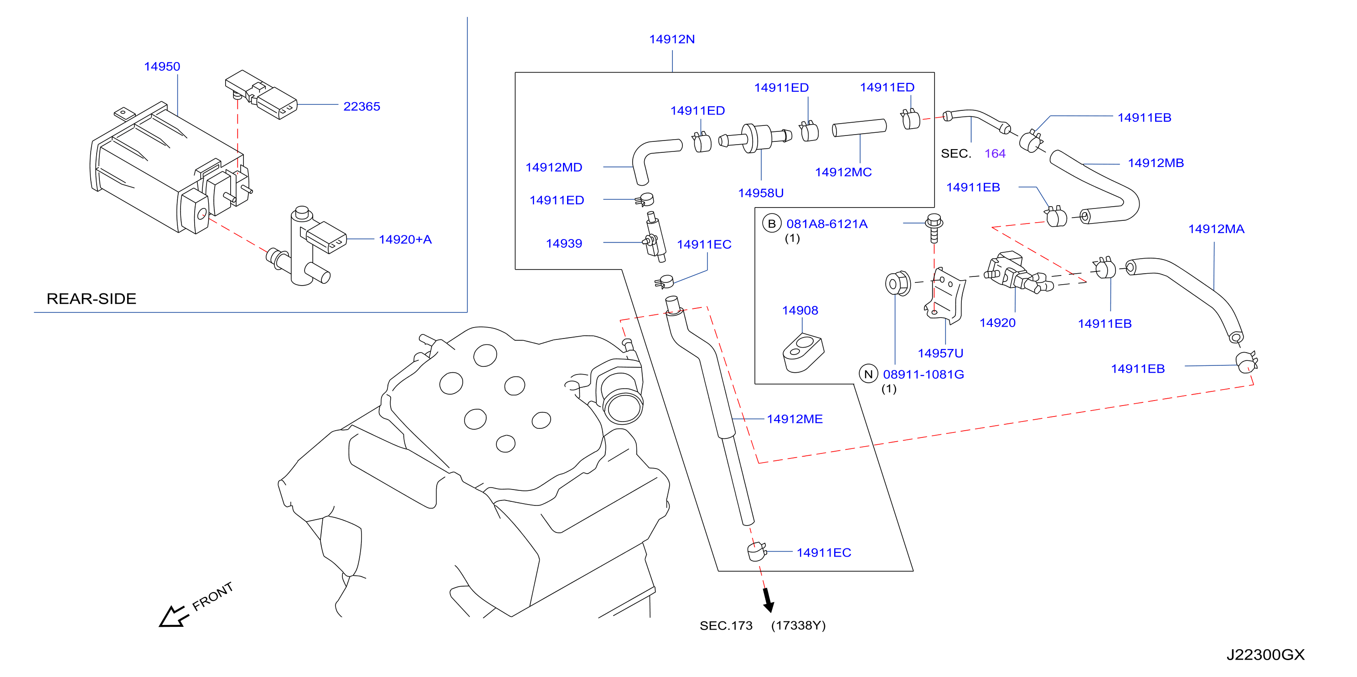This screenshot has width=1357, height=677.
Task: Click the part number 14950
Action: (x=162, y=67)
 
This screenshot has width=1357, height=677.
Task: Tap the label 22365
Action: (x=361, y=106)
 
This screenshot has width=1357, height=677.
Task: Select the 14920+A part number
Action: (x=405, y=240)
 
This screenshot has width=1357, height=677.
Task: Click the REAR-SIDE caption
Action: (x=91, y=299)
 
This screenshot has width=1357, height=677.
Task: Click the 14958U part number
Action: (x=761, y=193)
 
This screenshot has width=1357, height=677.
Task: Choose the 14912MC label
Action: (x=843, y=172)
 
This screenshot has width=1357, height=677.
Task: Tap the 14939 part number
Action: (x=564, y=244)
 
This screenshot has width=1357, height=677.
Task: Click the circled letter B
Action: (x=771, y=224)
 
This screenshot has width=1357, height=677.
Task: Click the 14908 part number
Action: (x=800, y=311)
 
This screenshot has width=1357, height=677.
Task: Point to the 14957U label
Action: (x=940, y=353)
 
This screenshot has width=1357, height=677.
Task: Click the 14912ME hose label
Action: (x=795, y=419)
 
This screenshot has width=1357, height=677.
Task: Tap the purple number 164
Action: (x=995, y=153)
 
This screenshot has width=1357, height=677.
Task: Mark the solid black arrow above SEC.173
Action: (x=768, y=600)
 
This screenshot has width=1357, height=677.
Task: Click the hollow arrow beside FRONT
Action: (x=173, y=616)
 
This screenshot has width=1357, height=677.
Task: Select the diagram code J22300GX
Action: (x=1265, y=655)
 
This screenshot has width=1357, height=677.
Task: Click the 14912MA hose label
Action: (x=1216, y=229)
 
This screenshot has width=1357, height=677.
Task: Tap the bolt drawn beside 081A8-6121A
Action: (x=934, y=227)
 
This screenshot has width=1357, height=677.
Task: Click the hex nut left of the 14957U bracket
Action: (x=897, y=284)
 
